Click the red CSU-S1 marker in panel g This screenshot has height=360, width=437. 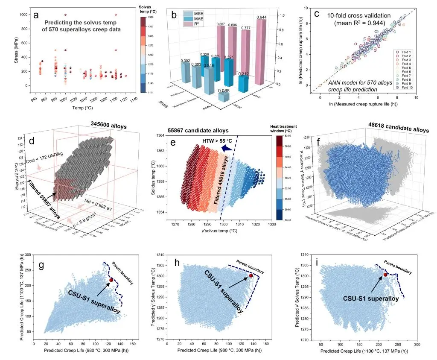111,280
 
